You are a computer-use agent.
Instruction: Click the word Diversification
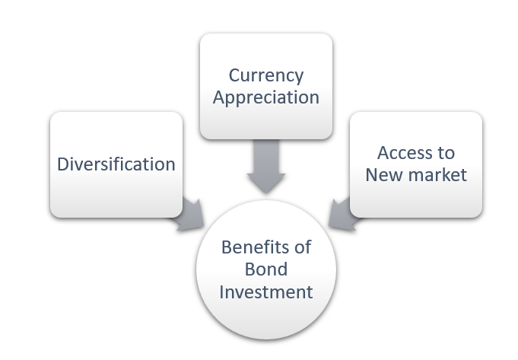[116, 164]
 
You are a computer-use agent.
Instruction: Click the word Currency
[266, 75]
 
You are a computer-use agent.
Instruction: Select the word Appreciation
[266, 98]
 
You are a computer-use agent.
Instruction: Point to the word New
[380, 174]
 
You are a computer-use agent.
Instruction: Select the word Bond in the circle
[266, 269]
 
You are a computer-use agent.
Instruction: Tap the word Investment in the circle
[266, 292]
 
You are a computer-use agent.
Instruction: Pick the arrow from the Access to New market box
[343, 213]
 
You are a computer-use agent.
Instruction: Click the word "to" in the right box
[445, 152]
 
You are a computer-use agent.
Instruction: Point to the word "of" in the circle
[303, 247]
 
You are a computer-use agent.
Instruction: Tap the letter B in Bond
[250, 269]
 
